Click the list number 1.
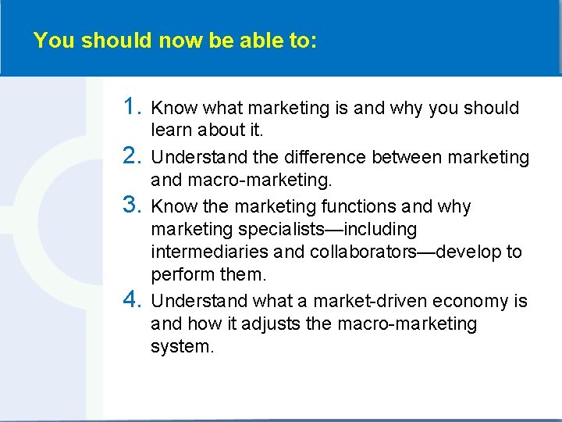pyautogui.click(x=132, y=107)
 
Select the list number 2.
pyautogui.click(x=132, y=156)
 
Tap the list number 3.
pyautogui.click(x=132, y=206)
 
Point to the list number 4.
pyautogui.click(x=132, y=300)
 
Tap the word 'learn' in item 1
pyautogui.click(x=171, y=131)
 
